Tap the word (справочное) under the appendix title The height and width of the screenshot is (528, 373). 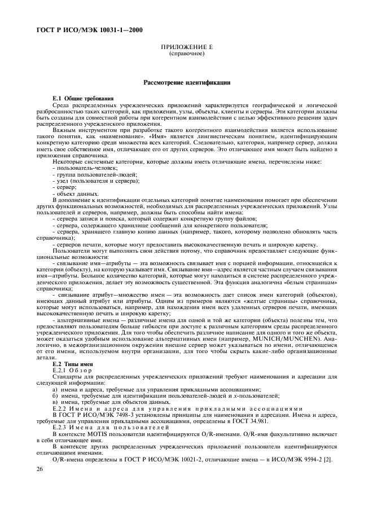[186, 55]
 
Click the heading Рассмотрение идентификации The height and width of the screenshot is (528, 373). [186, 82]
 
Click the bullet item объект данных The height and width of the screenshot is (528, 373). [77, 193]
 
